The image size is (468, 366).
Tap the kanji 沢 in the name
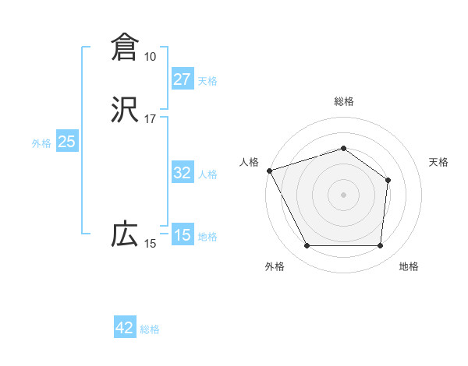(x=125, y=110)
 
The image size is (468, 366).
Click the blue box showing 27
(x=182, y=79)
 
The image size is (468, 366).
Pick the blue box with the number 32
(x=182, y=173)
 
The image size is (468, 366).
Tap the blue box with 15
(x=182, y=235)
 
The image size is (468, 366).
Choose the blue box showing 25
(x=66, y=142)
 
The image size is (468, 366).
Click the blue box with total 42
(x=124, y=328)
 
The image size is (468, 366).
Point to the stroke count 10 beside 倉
(x=150, y=57)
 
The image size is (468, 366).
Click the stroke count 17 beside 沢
(x=150, y=120)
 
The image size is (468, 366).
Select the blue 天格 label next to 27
(x=207, y=81)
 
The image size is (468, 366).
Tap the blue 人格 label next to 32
(x=207, y=174)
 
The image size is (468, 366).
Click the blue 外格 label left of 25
(x=41, y=143)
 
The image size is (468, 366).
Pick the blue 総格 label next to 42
(x=150, y=329)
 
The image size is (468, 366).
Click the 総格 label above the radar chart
(x=343, y=102)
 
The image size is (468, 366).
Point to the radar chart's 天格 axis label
(x=439, y=162)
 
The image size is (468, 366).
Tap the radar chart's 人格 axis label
(x=249, y=162)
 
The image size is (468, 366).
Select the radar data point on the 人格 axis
(x=269, y=170)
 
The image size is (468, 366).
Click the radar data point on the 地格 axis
(x=380, y=246)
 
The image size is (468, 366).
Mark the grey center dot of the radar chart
(x=343, y=194)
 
